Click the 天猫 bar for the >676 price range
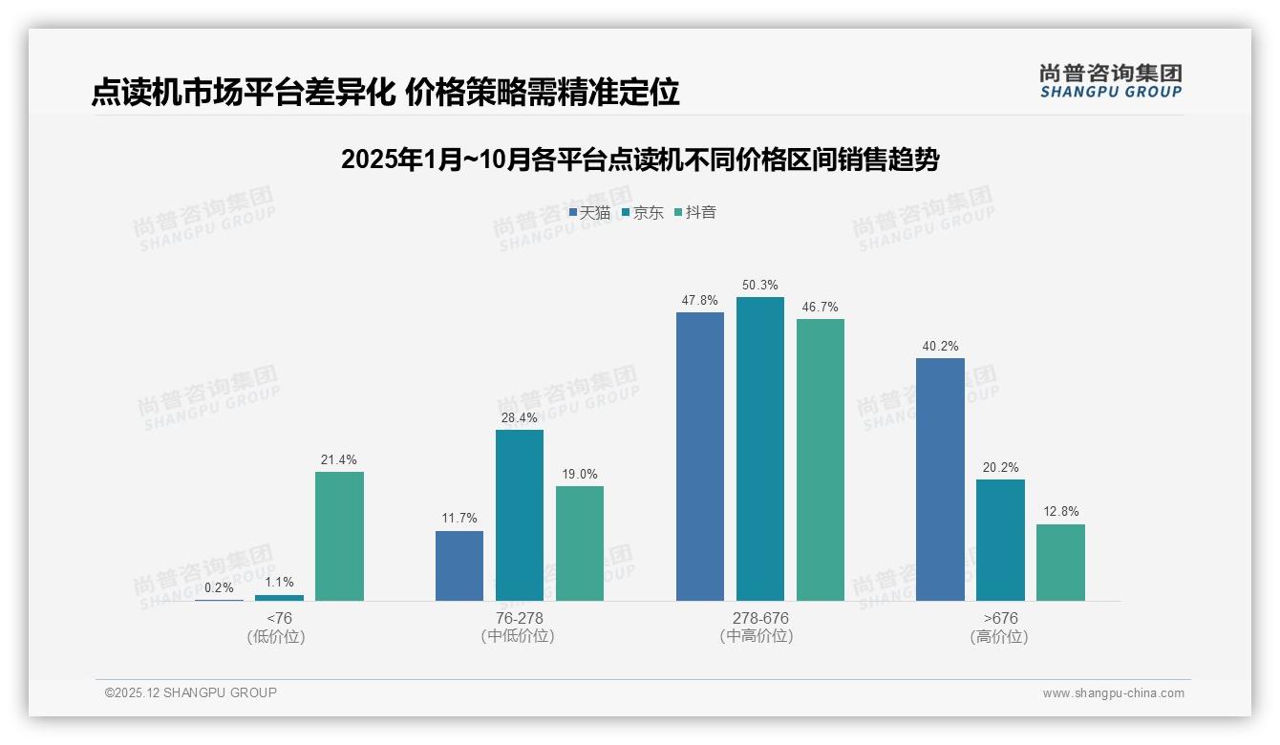pyautogui.click(x=940, y=479)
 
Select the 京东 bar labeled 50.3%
pyautogui.click(x=760, y=449)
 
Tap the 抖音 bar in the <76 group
pyautogui.click(x=339, y=536)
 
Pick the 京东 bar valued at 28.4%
pyautogui.click(x=520, y=515)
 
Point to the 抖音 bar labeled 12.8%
pyautogui.click(x=1060, y=563)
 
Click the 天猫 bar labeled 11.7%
pyautogui.click(x=459, y=565)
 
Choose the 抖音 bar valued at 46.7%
pyautogui.click(x=821, y=459)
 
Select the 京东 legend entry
pyautogui.click(x=643, y=212)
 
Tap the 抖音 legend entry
pyautogui.click(x=695, y=212)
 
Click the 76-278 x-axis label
pyautogui.click(x=519, y=618)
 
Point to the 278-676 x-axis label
pyautogui.click(x=760, y=618)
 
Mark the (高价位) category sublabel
pyautogui.click(x=999, y=636)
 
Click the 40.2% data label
pyautogui.click(x=940, y=347)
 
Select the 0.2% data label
pyautogui.click(x=219, y=587)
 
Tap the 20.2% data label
pyautogui.click(x=1000, y=468)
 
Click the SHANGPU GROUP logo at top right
pyautogui.click(x=1111, y=81)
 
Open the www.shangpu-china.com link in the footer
pyautogui.click(x=1113, y=693)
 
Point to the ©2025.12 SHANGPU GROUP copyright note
pyautogui.click(x=191, y=692)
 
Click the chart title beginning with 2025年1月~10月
pyautogui.click(x=640, y=160)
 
